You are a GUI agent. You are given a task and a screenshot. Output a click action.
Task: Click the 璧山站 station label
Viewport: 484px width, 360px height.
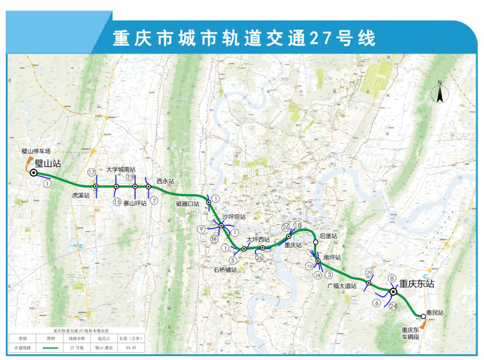pyautogui.click(x=48, y=164)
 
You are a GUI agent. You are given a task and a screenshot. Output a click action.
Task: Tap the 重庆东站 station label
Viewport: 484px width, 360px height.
pyautogui.click(x=416, y=283)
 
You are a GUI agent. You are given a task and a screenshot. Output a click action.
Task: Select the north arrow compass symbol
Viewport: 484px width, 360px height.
pyautogui.click(x=439, y=93)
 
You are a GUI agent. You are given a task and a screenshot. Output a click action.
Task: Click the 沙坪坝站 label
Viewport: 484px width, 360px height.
pyautogui.click(x=234, y=217)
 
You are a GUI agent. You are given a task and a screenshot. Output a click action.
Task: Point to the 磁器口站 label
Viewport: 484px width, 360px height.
pyautogui.click(x=188, y=204)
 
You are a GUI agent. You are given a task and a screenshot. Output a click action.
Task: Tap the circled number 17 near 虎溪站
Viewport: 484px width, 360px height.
pyautogui.click(x=92, y=172)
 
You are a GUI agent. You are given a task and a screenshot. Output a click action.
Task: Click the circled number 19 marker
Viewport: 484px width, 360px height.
pyautogui.click(x=130, y=177)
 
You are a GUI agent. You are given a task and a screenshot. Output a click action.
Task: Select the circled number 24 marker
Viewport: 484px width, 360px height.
pyautogui.click(x=393, y=306)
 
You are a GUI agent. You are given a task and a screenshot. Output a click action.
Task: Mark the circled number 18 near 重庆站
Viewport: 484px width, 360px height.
pyautogui.click(x=297, y=225)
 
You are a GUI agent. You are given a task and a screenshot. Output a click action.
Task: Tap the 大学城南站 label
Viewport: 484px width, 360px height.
pyautogui.click(x=121, y=169)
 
